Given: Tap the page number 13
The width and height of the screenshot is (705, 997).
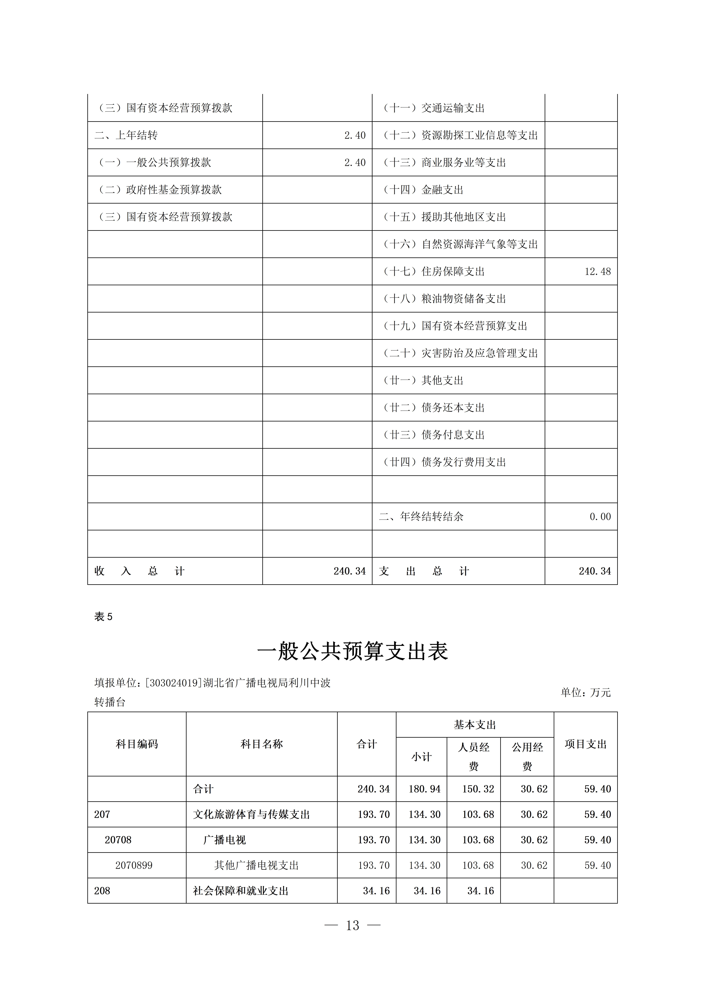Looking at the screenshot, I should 352,925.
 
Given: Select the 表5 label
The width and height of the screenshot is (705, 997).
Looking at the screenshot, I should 103,617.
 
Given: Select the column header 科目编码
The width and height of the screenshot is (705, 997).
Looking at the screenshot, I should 137,744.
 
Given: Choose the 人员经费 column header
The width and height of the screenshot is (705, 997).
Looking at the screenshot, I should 473,756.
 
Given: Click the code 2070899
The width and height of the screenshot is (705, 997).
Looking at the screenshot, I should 134,865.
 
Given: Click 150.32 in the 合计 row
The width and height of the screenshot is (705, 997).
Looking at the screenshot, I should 478,789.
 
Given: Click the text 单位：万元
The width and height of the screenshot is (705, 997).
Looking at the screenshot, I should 586,693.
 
